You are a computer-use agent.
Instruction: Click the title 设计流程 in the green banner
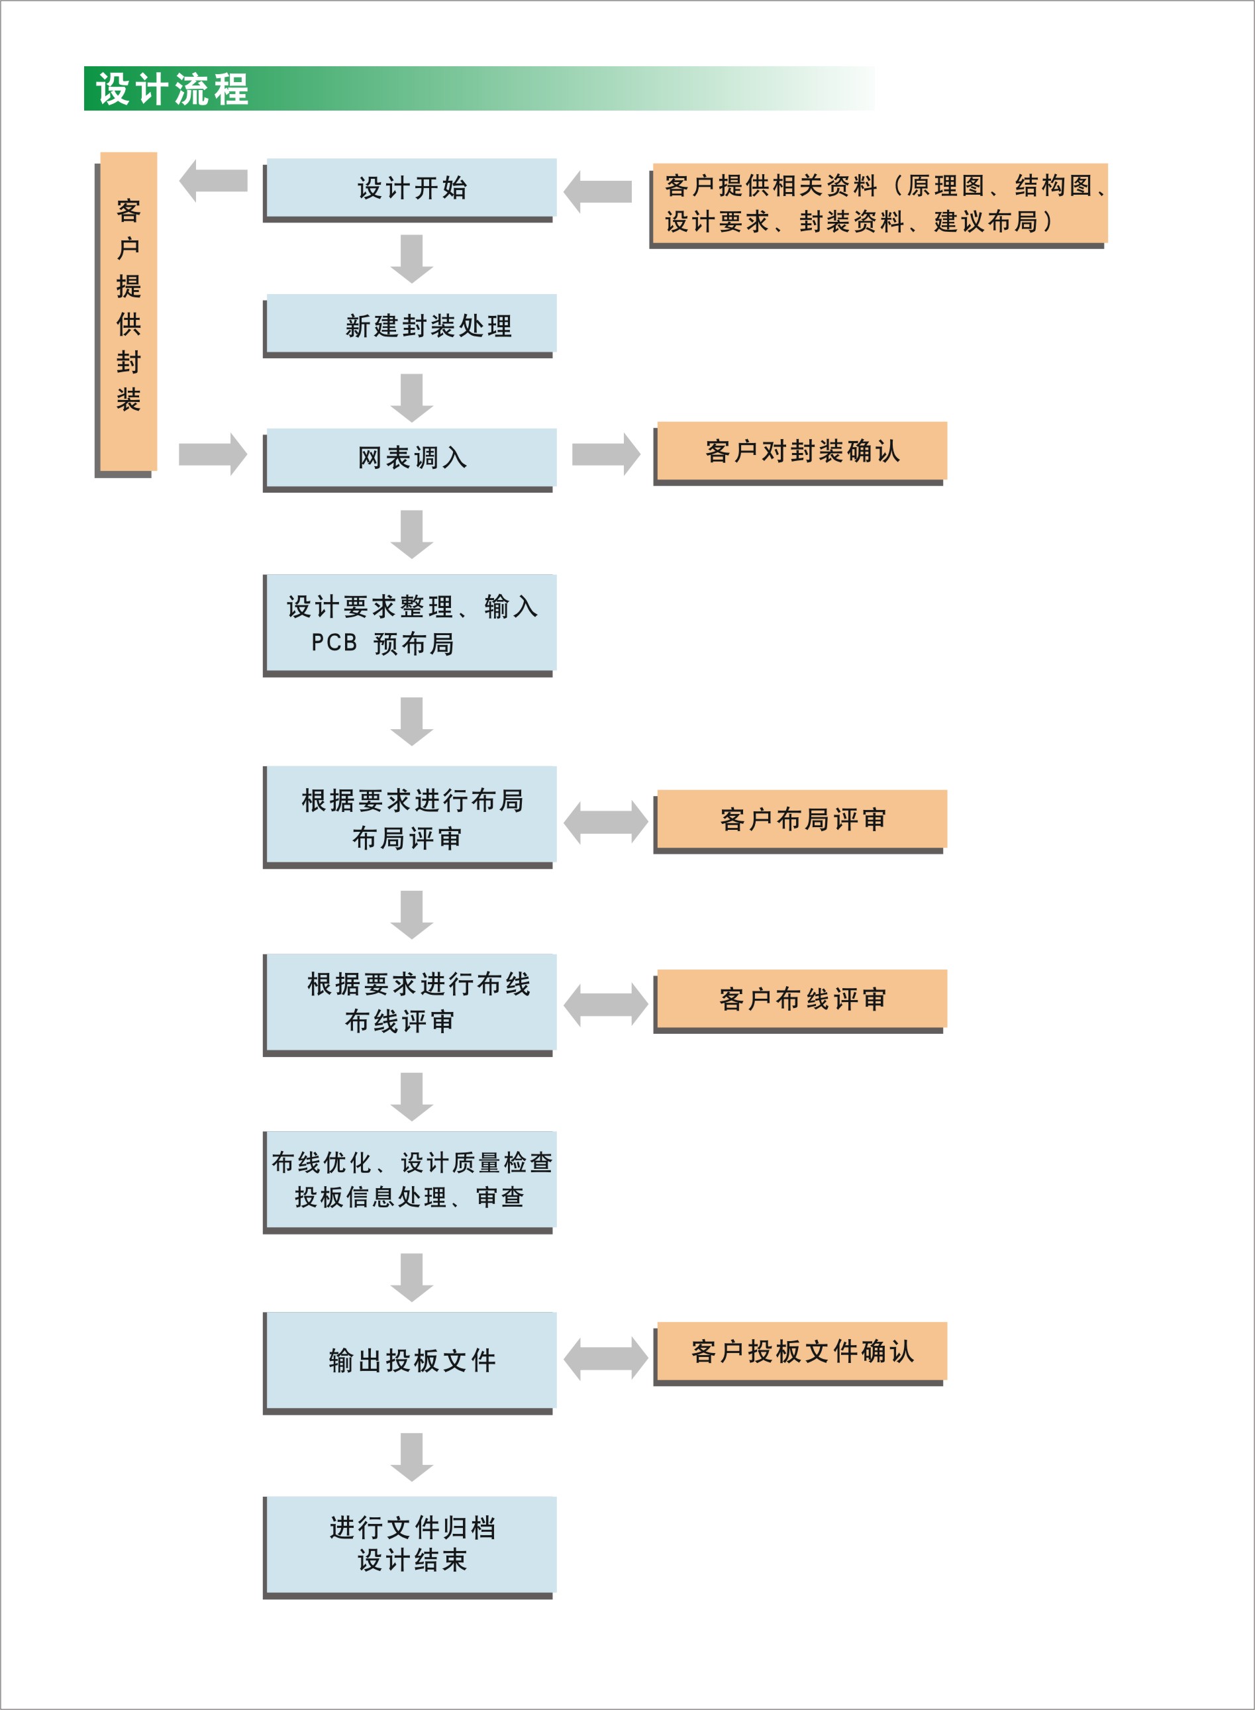(x=172, y=89)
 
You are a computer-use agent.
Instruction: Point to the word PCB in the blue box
(x=334, y=642)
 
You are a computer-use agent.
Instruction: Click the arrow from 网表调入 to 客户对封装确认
(x=606, y=454)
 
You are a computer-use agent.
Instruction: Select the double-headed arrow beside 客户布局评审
(x=606, y=823)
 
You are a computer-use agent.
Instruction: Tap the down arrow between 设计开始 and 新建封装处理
(x=412, y=258)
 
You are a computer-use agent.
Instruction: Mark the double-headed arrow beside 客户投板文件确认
(x=606, y=1358)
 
